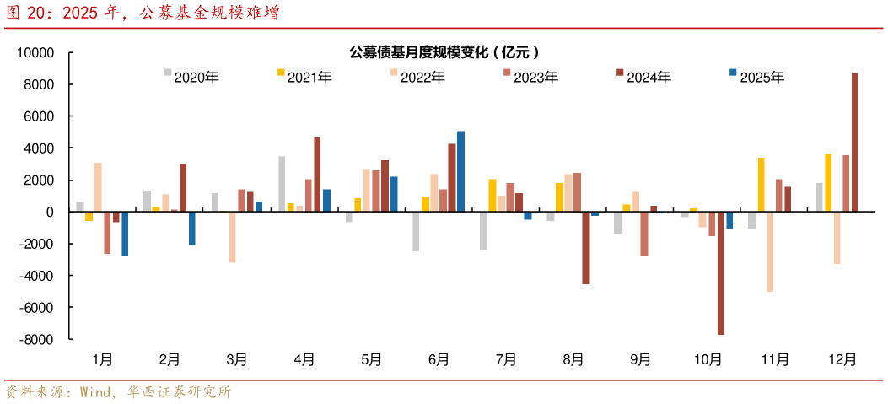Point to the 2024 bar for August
pos(586,248)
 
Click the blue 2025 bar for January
pos(125,234)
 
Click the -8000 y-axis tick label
pos(37,339)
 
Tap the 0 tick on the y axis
pos(51,212)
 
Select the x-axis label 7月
pos(506,359)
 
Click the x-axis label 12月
pos(842,359)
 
